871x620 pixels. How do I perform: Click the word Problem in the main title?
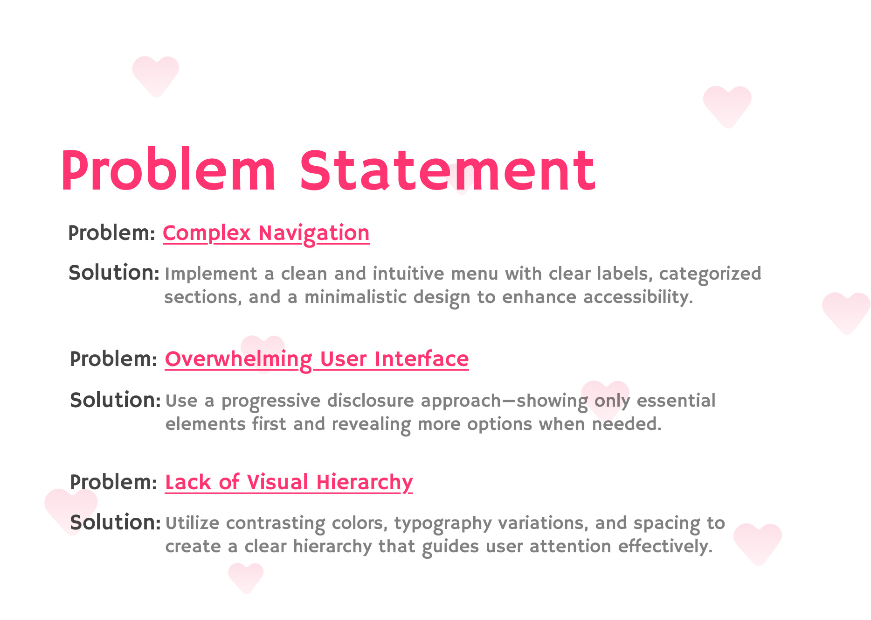168,170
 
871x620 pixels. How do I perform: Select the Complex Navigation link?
266,233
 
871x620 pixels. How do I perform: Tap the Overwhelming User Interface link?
317,359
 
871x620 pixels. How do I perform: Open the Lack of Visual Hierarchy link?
289,482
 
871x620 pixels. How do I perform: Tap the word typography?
442,523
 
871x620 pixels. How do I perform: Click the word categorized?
710,274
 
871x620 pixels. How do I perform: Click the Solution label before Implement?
114,273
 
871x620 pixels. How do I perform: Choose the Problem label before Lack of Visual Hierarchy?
113,482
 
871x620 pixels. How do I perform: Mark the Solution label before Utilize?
115,522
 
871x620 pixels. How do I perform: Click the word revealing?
371,424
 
